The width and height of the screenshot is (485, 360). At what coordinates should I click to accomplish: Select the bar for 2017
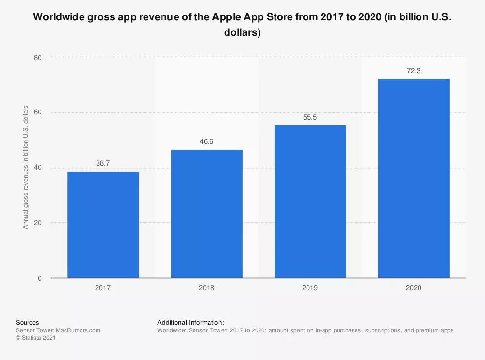pyautogui.click(x=103, y=225)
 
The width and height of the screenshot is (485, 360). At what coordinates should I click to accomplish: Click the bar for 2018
pyautogui.click(x=207, y=214)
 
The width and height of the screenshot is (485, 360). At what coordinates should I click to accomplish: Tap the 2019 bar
pyautogui.click(x=310, y=202)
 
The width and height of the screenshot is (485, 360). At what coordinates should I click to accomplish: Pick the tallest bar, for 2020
pyautogui.click(x=414, y=178)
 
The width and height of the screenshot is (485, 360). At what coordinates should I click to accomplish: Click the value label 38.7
pyautogui.click(x=103, y=164)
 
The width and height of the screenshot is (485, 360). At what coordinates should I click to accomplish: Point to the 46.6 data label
pyautogui.click(x=207, y=142)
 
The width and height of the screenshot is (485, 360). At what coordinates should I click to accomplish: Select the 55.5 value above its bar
pyautogui.click(x=310, y=118)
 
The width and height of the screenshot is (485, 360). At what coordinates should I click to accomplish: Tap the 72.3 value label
pyautogui.click(x=414, y=71)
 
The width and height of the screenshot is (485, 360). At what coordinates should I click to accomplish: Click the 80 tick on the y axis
pyautogui.click(x=38, y=58)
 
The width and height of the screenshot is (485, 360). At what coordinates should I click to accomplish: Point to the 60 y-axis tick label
pyautogui.click(x=38, y=113)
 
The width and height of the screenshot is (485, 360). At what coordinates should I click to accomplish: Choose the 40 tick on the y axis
pyautogui.click(x=38, y=168)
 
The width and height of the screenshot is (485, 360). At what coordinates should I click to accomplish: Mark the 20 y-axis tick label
pyautogui.click(x=38, y=223)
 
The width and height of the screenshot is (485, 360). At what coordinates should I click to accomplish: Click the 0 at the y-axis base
pyautogui.click(x=40, y=278)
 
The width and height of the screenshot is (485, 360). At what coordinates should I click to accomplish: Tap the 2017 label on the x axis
pyautogui.click(x=103, y=288)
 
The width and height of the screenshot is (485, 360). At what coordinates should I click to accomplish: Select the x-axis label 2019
pyautogui.click(x=310, y=288)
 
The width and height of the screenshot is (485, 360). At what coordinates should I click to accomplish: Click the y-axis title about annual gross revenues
pyautogui.click(x=26, y=167)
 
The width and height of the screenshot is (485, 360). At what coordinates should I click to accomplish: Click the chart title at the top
pyautogui.click(x=242, y=25)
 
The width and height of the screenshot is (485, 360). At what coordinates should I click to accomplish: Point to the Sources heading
pyautogui.click(x=28, y=322)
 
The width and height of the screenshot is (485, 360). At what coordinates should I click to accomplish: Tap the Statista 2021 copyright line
pyautogui.click(x=36, y=338)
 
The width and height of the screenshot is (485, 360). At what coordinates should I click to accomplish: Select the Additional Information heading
pyautogui.click(x=190, y=322)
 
